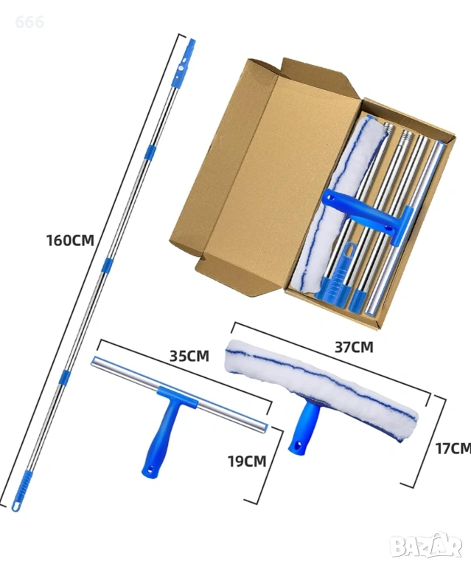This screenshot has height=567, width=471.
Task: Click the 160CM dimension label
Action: coord(70,241)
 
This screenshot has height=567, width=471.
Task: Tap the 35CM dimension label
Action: coord(189,356)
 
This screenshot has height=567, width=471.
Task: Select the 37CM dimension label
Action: coord(354,347)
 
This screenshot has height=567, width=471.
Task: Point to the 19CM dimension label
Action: coord(247,461)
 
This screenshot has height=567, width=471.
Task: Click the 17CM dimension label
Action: coord(453,448)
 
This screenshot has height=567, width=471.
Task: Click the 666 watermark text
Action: coord(29,22)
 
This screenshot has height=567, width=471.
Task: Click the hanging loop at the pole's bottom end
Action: coord(16,506)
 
